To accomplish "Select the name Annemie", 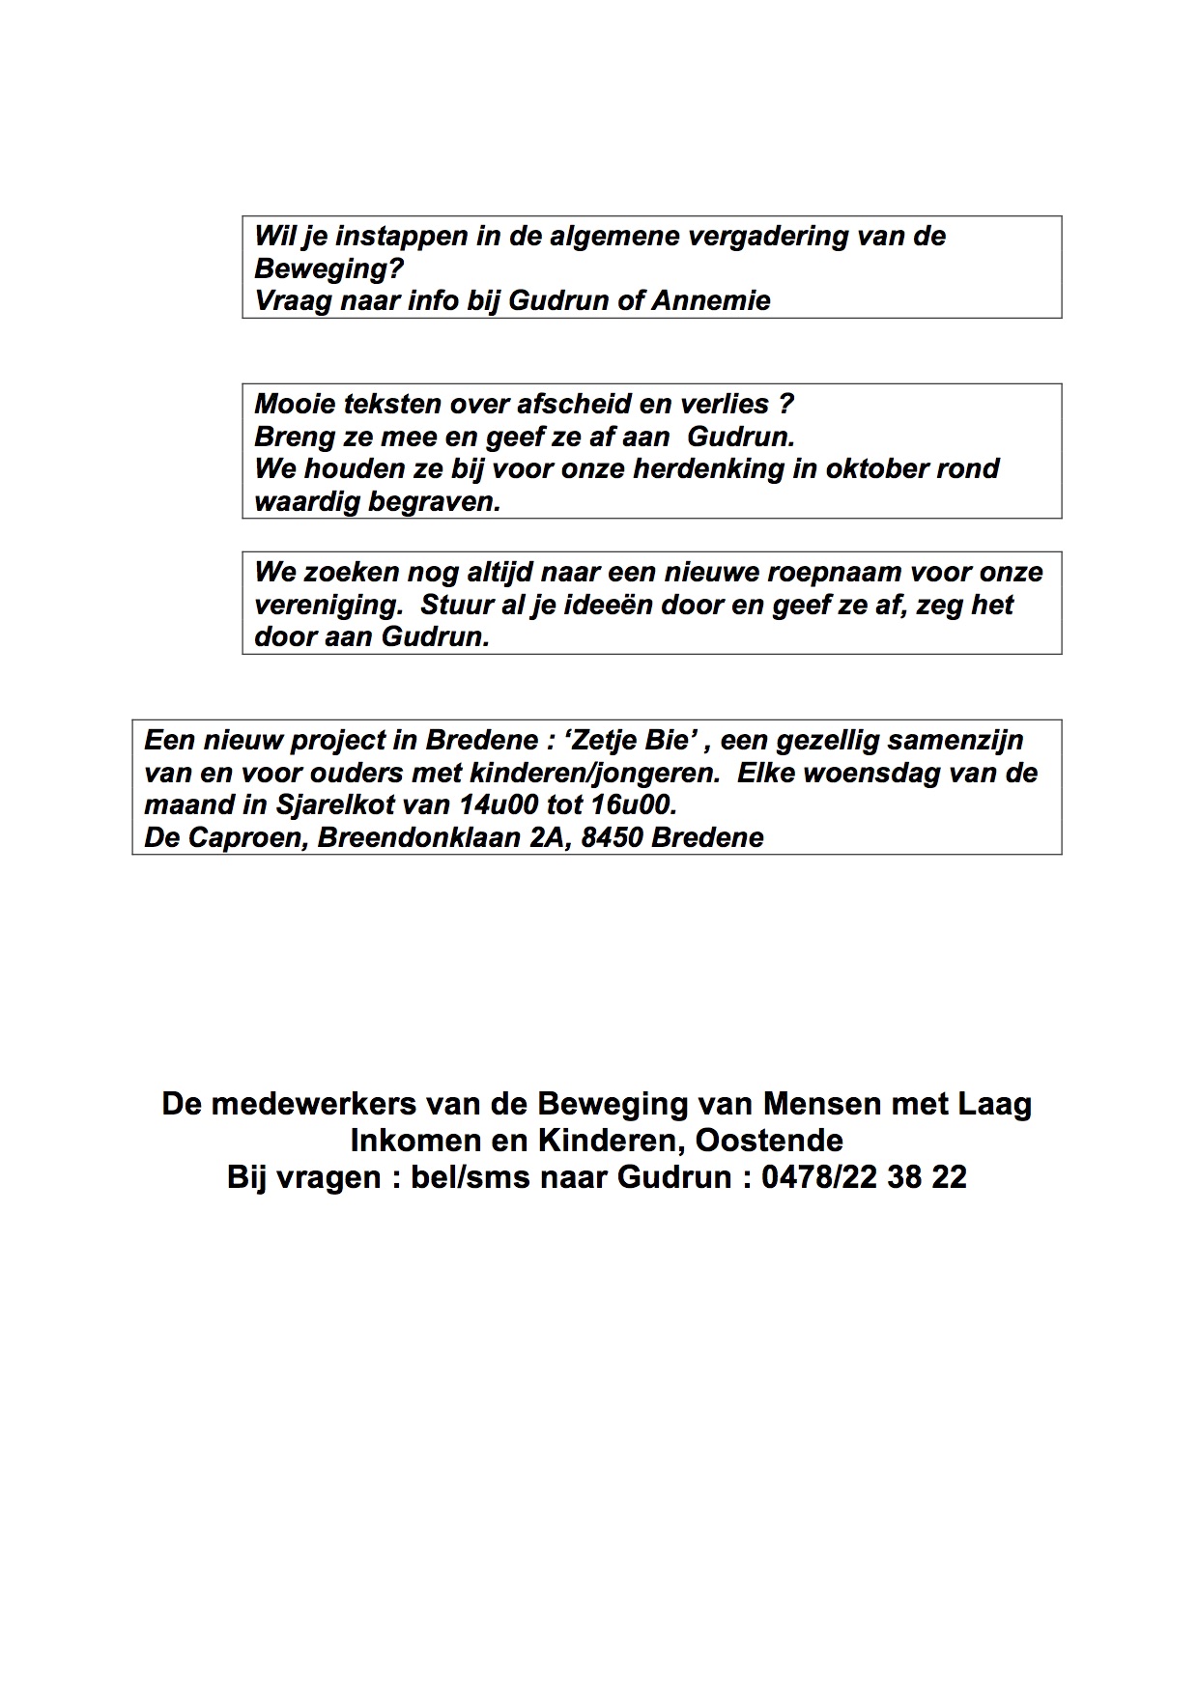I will (x=711, y=301).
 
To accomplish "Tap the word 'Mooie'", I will (x=294, y=404).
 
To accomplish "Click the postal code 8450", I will (x=613, y=838).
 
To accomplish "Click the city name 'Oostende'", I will (x=769, y=1141).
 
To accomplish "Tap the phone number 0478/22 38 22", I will (x=864, y=1177).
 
